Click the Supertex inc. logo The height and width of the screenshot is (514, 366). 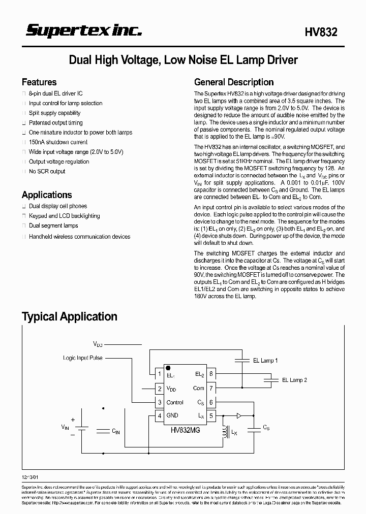click(84, 31)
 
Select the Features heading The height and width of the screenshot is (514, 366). click(39, 82)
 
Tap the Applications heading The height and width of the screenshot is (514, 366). click(47, 195)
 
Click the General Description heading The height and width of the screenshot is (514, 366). click(234, 82)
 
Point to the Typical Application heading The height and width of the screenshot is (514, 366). click(70, 317)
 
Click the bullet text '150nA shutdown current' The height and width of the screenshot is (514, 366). click(58, 142)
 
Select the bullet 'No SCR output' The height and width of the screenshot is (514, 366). click(47, 171)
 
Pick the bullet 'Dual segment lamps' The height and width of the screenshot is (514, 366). click(53, 226)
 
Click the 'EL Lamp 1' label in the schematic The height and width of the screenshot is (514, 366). click(265, 361)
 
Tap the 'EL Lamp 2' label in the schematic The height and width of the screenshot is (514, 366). click(295, 380)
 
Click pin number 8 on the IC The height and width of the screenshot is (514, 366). click(211, 374)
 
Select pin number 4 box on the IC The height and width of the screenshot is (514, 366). click(160, 415)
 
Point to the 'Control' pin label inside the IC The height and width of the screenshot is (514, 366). click(175, 402)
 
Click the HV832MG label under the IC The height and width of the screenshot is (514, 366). click(186, 430)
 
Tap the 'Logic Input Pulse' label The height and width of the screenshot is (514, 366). click(82, 358)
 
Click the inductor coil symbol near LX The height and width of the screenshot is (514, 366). click(224, 432)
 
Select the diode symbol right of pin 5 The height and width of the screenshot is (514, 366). click(238, 415)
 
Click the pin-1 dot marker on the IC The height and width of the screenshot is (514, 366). click(168, 367)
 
